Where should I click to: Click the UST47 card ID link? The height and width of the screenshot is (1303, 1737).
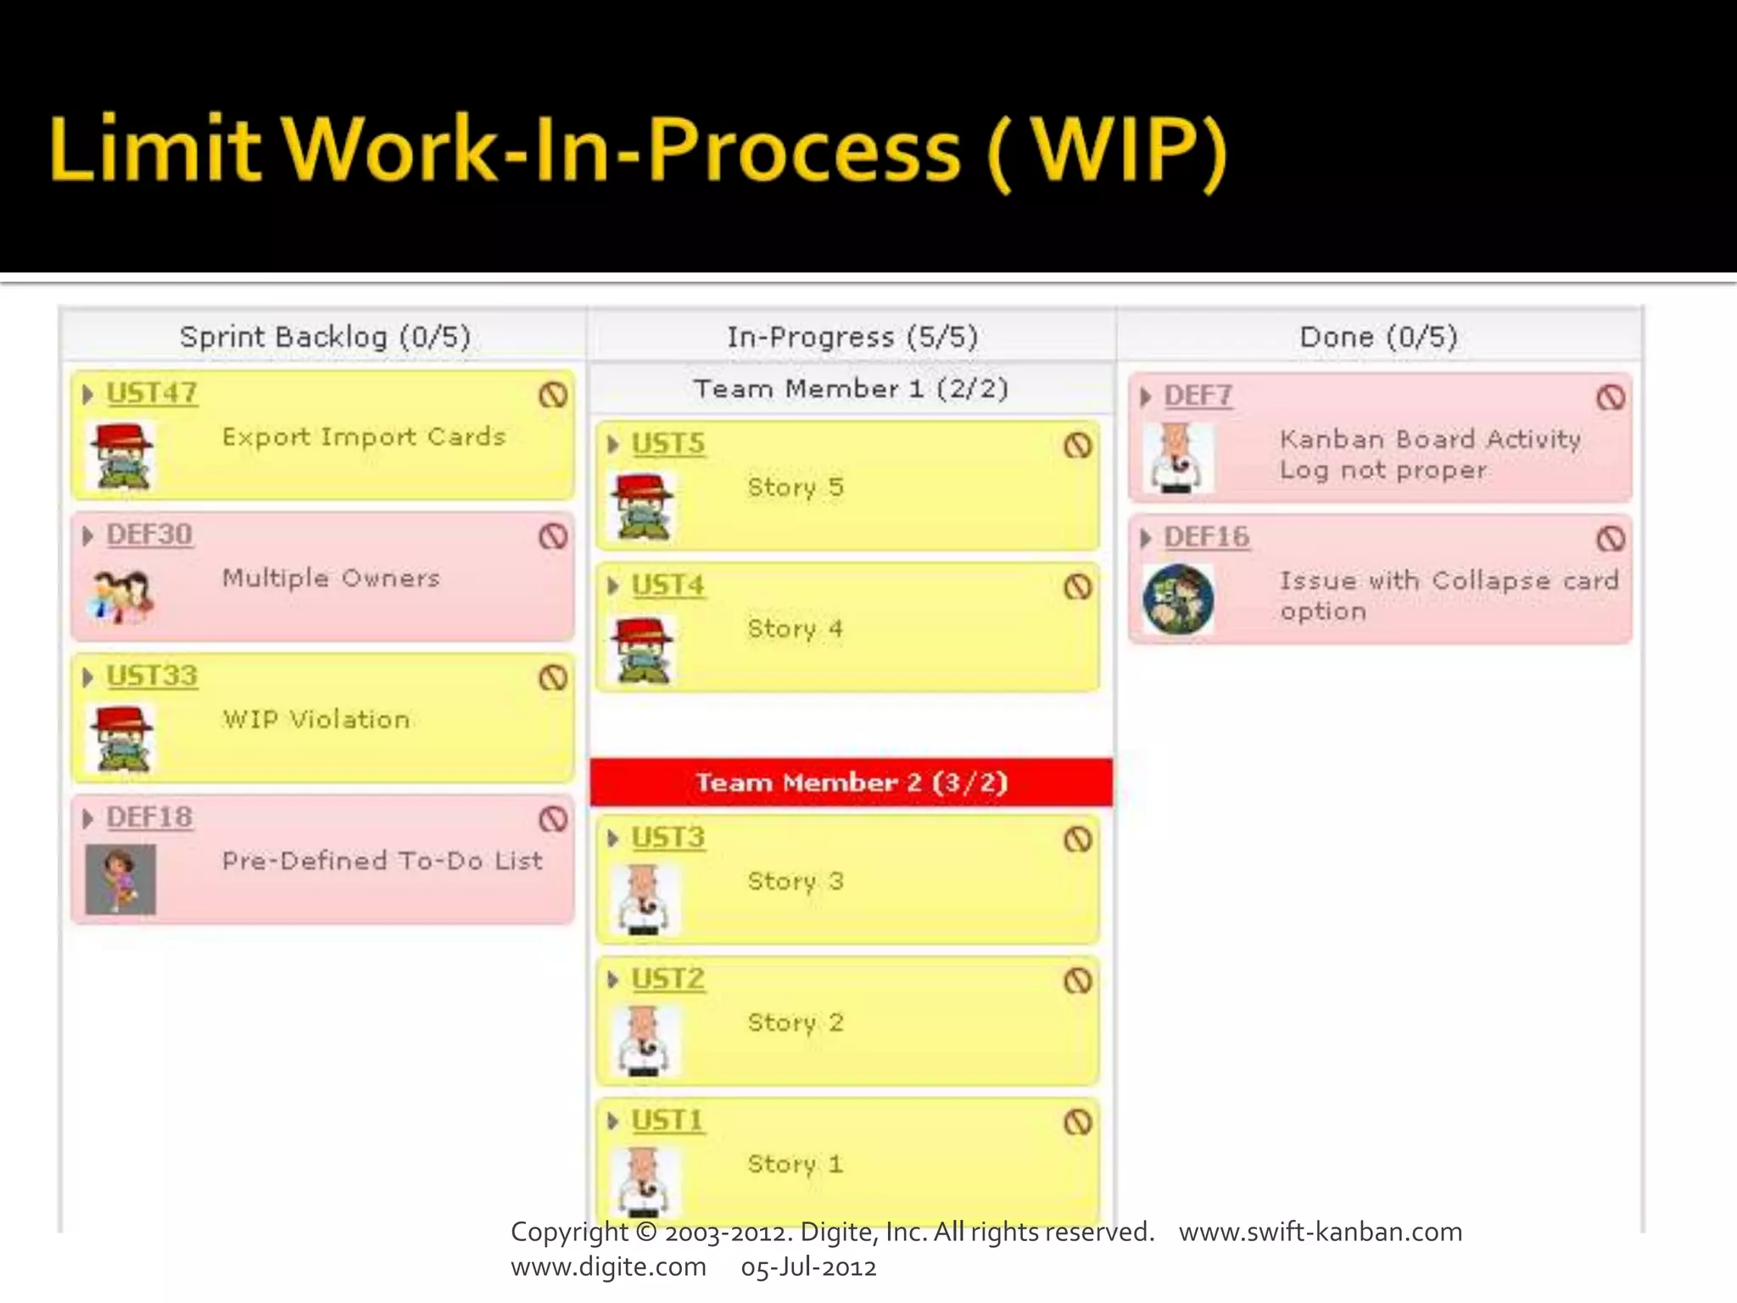point(152,394)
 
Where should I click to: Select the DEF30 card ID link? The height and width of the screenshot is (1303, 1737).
point(149,535)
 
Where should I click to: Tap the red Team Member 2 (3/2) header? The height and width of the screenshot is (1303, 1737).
point(852,782)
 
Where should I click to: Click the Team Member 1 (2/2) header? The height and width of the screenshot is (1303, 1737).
point(852,389)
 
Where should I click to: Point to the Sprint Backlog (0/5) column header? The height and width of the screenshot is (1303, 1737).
point(325,337)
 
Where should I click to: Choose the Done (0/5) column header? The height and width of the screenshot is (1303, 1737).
point(1378,337)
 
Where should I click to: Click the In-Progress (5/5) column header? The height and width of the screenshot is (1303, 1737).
point(852,337)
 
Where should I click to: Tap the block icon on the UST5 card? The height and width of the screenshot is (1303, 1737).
point(1077,445)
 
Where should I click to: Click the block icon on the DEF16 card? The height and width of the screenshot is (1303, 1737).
point(1610,539)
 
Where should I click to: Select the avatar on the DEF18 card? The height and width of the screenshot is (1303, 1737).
point(121,879)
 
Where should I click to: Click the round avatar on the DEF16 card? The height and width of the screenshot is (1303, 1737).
point(1178,599)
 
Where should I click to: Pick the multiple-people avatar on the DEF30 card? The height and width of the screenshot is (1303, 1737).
point(121,596)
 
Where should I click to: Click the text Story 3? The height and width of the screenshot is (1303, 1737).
point(795,881)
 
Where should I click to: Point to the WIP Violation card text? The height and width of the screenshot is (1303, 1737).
point(316,719)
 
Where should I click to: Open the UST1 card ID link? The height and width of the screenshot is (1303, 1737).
point(667,1121)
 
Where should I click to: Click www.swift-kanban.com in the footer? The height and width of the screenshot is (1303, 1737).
point(1320,1232)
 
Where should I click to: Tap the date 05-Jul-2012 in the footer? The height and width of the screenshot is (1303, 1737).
point(808,1267)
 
